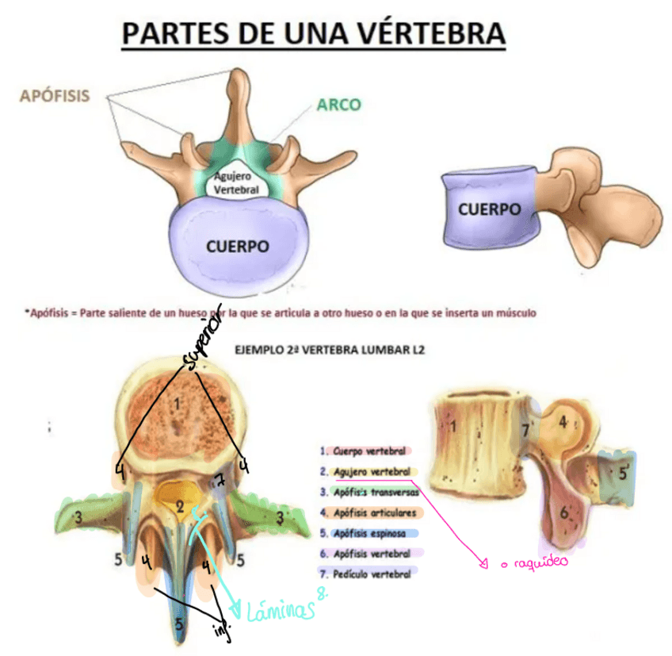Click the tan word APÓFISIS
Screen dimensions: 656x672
pos(54,96)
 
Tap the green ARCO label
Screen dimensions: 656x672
pos(338,104)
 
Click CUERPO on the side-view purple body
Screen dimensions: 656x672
pos(489,209)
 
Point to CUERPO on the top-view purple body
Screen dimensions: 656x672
pos(237,246)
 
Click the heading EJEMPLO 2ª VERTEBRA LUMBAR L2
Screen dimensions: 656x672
pos(325,347)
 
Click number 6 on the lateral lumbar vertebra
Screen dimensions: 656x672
pos(564,512)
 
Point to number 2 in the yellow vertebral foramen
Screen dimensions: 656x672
pos(181,506)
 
